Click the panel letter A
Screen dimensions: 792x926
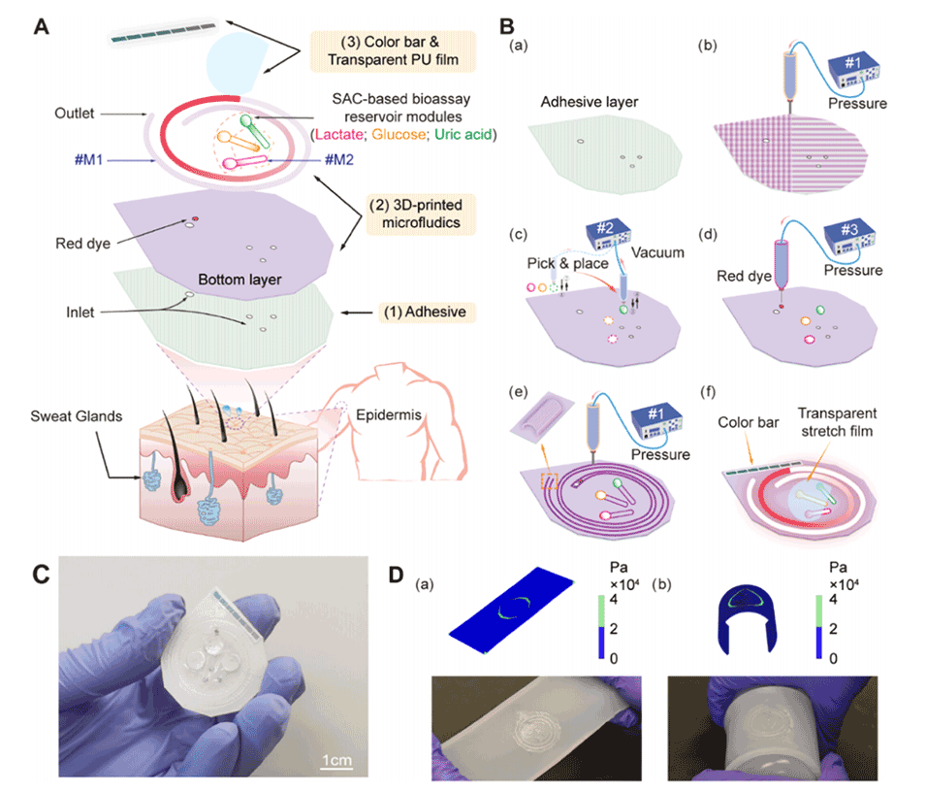click(x=42, y=25)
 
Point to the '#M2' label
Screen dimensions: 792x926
click(x=337, y=158)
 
